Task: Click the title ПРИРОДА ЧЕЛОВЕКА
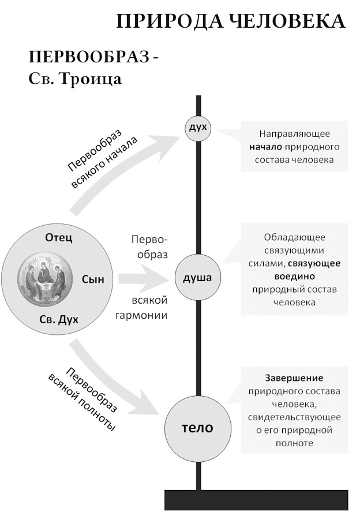click(x=231, y=22)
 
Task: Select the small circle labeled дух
click(x=198, y=127)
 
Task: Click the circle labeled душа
click(x=198, y=278)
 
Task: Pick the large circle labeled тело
click(x=198, y=428)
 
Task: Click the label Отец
click(x=59, y=238)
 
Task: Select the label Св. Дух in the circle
click(x=59, y=319)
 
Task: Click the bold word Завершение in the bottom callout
click(x=294, y=378)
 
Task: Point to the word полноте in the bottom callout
click(x=294, y=443)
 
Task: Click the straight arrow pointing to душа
click(x=144, y=279)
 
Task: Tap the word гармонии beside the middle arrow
click(x=149, y=315)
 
